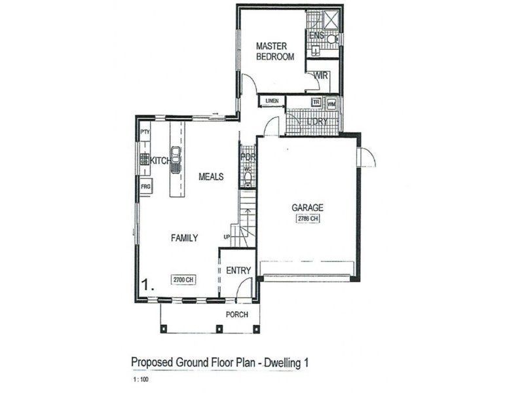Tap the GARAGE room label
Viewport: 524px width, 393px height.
(307, 208)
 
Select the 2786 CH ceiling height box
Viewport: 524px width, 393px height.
(307, 219)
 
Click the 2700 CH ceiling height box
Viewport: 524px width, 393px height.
(183, 280)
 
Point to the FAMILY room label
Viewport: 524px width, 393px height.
(185, 238)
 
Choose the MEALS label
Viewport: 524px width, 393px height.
(212, 177)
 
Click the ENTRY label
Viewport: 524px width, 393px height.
(238, 271)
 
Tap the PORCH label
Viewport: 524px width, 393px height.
(236, 314)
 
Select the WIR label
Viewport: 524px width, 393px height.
(320, 77)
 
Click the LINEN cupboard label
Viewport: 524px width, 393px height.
(272, 101)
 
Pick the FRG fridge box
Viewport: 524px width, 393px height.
(145, 187)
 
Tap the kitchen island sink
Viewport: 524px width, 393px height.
(176, 160)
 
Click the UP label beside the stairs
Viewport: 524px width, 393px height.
(227, 236)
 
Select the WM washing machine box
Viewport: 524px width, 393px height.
(331, 103)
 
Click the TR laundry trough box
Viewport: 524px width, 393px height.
(316, 103)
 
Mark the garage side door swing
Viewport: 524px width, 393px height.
(367, 157)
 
